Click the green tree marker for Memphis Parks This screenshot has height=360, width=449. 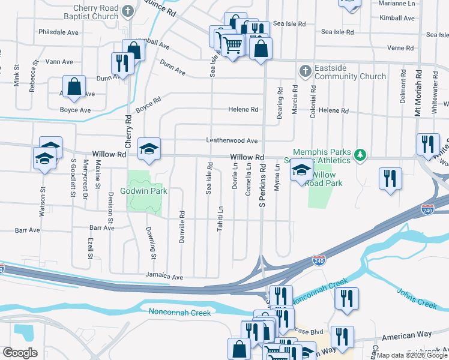[360, 155]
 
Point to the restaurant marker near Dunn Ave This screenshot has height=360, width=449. [121, 64]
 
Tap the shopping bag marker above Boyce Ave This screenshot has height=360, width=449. [74, 87]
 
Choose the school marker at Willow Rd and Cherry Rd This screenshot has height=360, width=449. [149, 149]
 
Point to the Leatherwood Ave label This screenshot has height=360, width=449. [232, 140]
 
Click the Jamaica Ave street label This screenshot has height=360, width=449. [164, 277]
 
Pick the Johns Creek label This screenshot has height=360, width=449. [416, 298]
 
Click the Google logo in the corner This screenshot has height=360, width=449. [20, 352]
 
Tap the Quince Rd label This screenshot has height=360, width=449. [164, 10]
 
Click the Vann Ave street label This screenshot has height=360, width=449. [59, 61]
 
